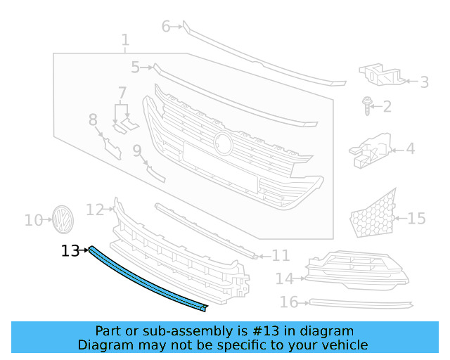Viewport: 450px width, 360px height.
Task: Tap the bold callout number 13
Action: point(70,250)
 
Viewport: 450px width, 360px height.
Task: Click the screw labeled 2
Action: point(367,105)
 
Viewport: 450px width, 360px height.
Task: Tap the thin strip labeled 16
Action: point(362,303)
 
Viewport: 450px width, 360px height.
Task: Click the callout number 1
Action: point(125,40)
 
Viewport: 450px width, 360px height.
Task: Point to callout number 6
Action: point(167,27)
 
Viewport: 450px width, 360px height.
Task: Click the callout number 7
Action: point(122,93)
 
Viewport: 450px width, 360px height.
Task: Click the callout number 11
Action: point(281,256)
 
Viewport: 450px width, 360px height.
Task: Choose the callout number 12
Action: point(95,209)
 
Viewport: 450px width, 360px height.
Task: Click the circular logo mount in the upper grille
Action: point(224,142)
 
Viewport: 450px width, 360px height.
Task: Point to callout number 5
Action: point(135,67)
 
